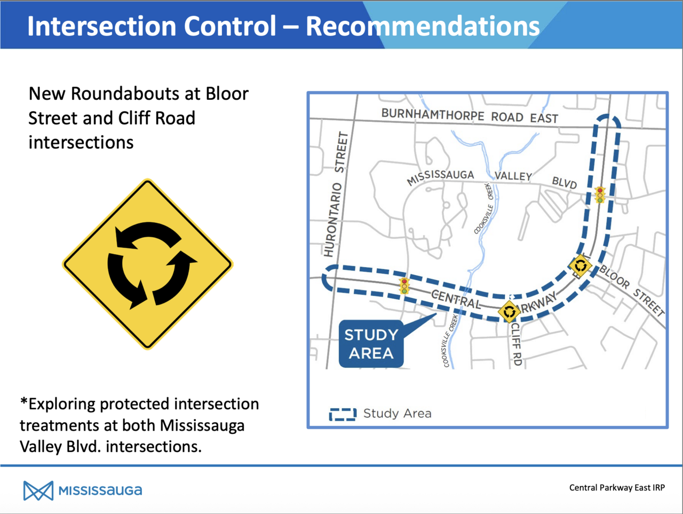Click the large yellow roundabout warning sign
click(148, 264)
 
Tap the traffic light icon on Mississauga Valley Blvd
click(600, 195)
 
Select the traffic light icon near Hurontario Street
click(404, 286)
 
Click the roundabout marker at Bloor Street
click(581, 266)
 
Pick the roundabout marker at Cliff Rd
click(509, 311)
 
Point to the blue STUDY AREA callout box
click(371, 344)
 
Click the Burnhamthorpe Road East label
click(470, 116)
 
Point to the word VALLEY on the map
click(513, 176)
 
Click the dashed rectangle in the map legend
click(343, 414)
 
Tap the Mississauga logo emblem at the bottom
click(38, 490)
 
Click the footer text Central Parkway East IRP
click(617, 488)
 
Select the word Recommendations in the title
click(423, 26)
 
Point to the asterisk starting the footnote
click(23, 401)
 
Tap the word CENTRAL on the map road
click(456, 299)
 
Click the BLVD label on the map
click(565, 183)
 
